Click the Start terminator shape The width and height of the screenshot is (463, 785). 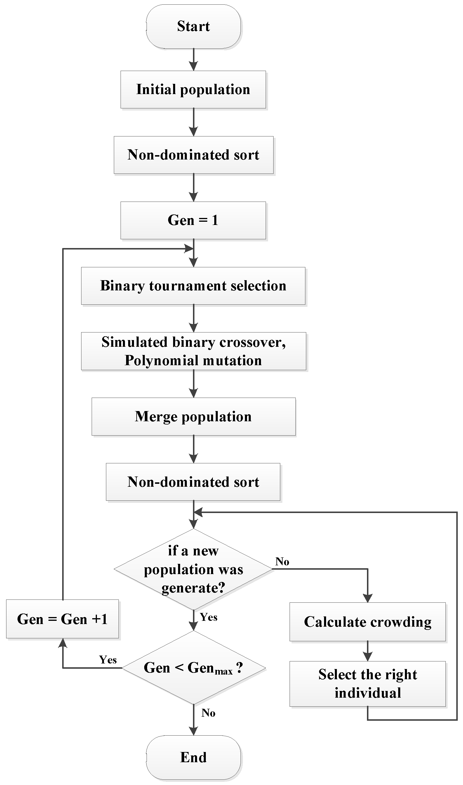click(194, 26)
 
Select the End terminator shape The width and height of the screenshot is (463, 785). click(194, 758)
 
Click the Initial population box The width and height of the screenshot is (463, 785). click(194, 90)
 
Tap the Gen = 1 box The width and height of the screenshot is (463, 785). click(194, 220)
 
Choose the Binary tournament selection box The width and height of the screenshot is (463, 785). click(194, 286)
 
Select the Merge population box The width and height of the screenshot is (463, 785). click(194, 417)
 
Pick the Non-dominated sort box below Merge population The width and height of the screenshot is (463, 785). click(194, 482)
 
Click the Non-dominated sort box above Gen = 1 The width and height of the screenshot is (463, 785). click(194, 155)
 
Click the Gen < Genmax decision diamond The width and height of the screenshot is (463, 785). click(194, 668)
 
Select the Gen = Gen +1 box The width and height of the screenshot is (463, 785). click(62, 619)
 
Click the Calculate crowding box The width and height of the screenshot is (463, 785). click(368, 622)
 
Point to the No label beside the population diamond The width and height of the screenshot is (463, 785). click(282, 562)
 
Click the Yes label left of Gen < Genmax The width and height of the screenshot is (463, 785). click(108, 660)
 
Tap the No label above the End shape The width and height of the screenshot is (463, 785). click(208, 713)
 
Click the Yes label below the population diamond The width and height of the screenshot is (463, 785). click(208, 617)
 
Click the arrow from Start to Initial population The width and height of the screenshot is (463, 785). click(194, 60)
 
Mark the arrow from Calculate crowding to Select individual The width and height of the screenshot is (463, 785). click(368, 651)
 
